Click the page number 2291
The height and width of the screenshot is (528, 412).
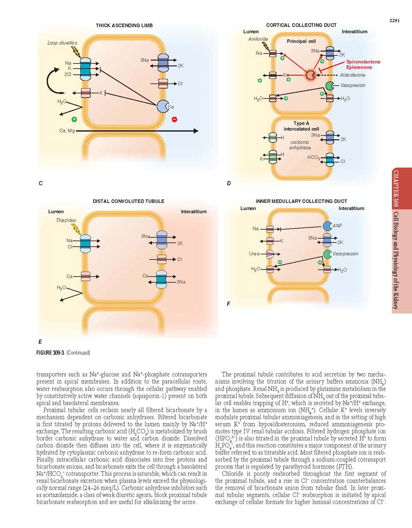(394, 21)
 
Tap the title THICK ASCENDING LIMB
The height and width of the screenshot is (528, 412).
(124, 25)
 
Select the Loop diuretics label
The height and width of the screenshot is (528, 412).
(62, 43)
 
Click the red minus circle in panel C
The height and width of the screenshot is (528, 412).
(175, 119)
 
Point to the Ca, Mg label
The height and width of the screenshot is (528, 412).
(67, 131)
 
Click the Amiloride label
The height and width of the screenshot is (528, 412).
(258, 39)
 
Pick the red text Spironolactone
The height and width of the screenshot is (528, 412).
(363, 62)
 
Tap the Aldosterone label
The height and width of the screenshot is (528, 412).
(352, 75)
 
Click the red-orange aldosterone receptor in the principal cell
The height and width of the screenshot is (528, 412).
(310, 75)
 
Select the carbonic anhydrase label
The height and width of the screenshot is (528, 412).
(300, 145)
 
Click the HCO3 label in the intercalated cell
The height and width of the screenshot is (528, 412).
(314, 158)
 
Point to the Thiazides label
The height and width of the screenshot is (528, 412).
(66, 220)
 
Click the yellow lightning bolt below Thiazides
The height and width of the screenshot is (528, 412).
(77, 229)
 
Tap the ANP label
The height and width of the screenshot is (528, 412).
(337, 226)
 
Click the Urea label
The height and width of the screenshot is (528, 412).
(254, 253)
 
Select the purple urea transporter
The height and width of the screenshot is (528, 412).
(271, 254)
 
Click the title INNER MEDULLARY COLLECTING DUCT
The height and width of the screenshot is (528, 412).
(302, 201)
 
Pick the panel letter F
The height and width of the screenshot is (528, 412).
(229, 304)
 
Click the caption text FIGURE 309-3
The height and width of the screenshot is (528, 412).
(50, 353)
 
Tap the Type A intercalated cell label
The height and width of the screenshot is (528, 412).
(301, 126)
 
